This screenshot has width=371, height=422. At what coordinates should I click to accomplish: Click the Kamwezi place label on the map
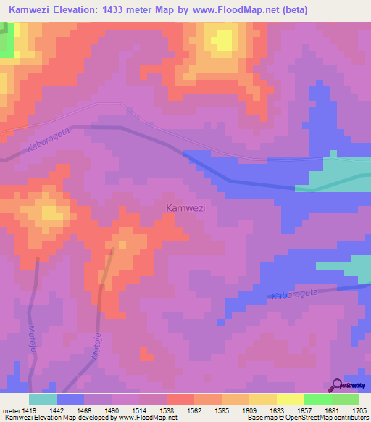pos(185,208)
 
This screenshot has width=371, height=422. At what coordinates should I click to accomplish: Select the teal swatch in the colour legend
pos(42,400)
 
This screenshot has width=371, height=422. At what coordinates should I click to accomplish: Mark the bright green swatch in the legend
pos(317,400)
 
